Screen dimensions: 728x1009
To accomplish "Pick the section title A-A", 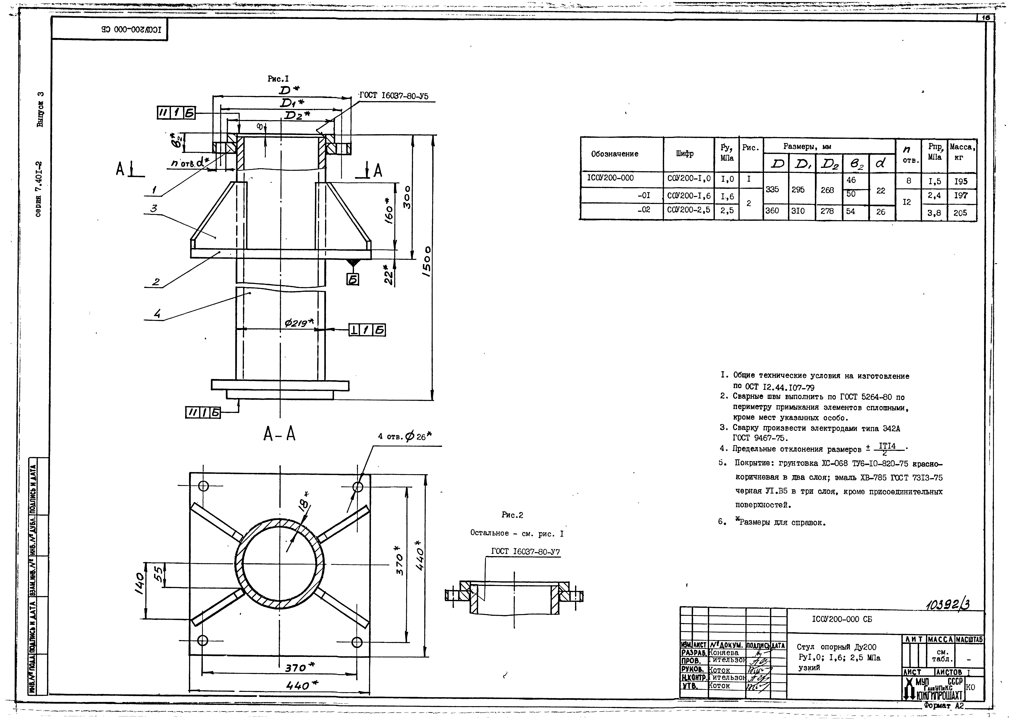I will (x=279, y=434).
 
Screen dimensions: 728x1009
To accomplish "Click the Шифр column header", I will (x=685, y=154).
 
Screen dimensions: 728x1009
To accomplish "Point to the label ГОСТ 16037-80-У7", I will (x=525, y=552).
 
